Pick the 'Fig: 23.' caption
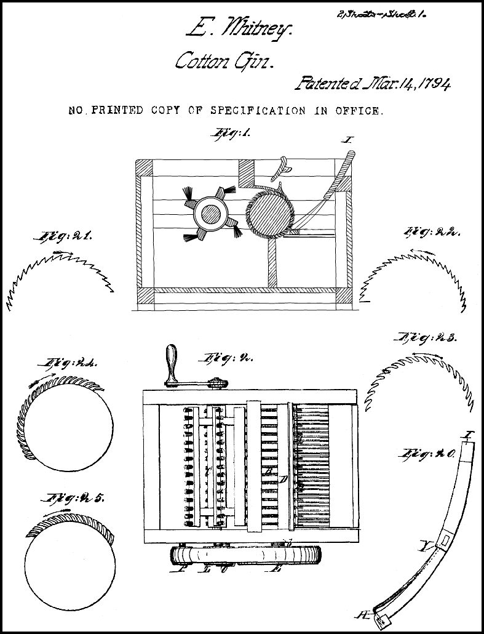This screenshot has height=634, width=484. coord(426,338)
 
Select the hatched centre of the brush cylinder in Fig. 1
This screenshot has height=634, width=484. coord(212,214)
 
